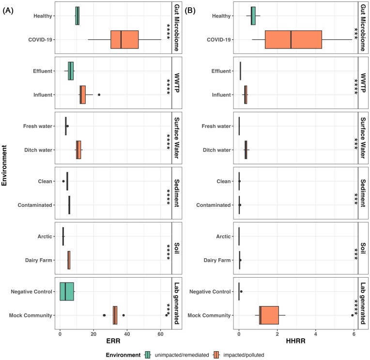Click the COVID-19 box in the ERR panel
pos(124,39)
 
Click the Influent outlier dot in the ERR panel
pos(99,94)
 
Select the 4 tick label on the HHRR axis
pos(316,334)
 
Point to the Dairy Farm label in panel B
pos(216,260)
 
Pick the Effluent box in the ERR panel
pos(71,71)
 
